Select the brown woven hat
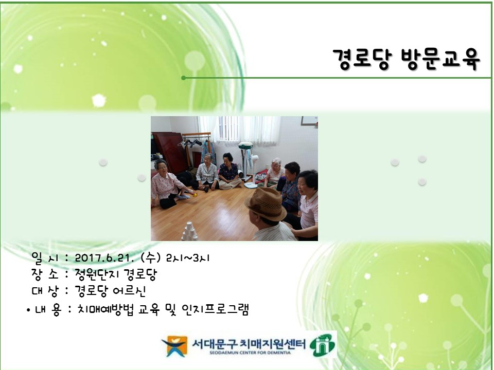tap(266, 203)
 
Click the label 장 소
tap(45, 274)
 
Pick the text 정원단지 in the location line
tap(95, 274)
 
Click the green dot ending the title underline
tap(183, 78)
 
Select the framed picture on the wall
tap(309, 120)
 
